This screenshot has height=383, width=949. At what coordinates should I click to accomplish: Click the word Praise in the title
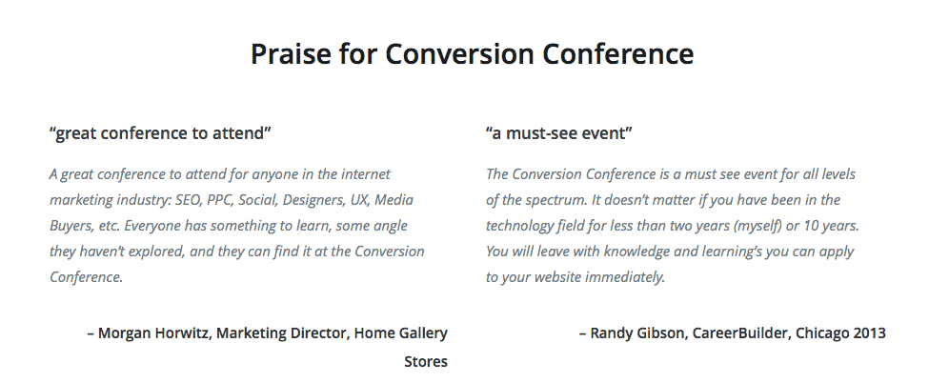pos(291,54)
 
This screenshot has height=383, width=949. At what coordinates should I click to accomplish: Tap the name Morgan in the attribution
pos(124,333)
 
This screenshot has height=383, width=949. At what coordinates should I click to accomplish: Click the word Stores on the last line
pos(426,362)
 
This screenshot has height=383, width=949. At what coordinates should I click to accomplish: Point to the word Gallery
pos(424,333)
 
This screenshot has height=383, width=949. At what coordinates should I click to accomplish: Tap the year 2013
pos(869,333)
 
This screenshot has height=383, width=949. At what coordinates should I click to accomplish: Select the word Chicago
pos(822,333)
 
